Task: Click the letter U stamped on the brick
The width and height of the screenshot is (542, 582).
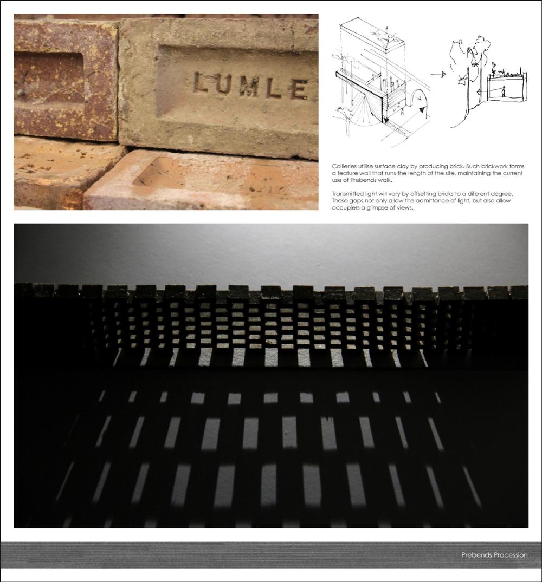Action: point(225,84)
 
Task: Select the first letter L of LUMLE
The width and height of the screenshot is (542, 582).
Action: point(202,82)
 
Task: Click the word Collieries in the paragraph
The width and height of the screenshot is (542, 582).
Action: point(344,166)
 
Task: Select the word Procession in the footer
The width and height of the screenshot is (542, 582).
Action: point(509,555)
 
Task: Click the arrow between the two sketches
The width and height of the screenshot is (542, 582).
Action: point(438,75)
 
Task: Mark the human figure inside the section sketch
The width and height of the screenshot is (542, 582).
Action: point(504,91)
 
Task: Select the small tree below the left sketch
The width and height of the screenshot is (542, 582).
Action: point(344,119)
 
